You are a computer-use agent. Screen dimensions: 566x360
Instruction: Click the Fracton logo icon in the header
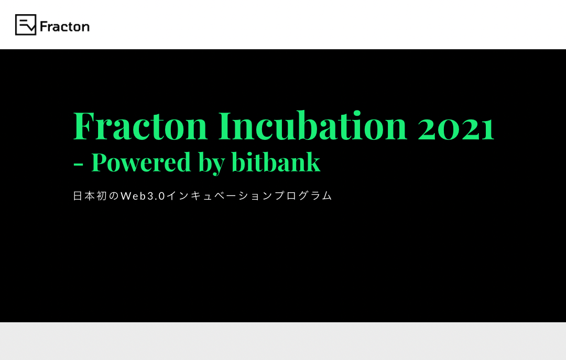pyautogui.click(x=26, y=25)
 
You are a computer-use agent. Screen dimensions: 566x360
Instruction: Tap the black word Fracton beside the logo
pyautogui.click(x=64, y=26)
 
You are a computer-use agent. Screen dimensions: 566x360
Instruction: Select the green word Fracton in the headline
pyautogui.click(x=140, y=126)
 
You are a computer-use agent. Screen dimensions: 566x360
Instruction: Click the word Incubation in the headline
pyautogui.click(x=313, y=125)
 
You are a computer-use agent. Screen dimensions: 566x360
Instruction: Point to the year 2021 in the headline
pyautogui.click(x=456, y=128)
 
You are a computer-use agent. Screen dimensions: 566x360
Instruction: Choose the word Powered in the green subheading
pyautogui.click(x=141, y=162)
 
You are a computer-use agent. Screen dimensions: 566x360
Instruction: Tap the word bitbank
pyautogui.click(x=276, y=162)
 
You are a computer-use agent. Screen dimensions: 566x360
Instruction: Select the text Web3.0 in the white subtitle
pyautogui.click(x=143, y=195)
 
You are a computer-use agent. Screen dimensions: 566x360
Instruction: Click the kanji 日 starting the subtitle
pyautogui.click(x=78, y=195)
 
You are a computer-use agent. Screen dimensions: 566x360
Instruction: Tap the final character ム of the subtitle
pyautogui.click(x=327, y=195)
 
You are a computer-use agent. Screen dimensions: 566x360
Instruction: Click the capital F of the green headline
pyautogui.click(x=84, y=126)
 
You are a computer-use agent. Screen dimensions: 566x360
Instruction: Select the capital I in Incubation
pyautogui.click(x=225, y=126)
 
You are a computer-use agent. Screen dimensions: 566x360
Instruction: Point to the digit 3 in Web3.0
pyautogui.click(x=150, y=195)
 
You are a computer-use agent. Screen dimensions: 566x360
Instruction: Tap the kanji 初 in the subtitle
pyautogui.click(x=102, y=195)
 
